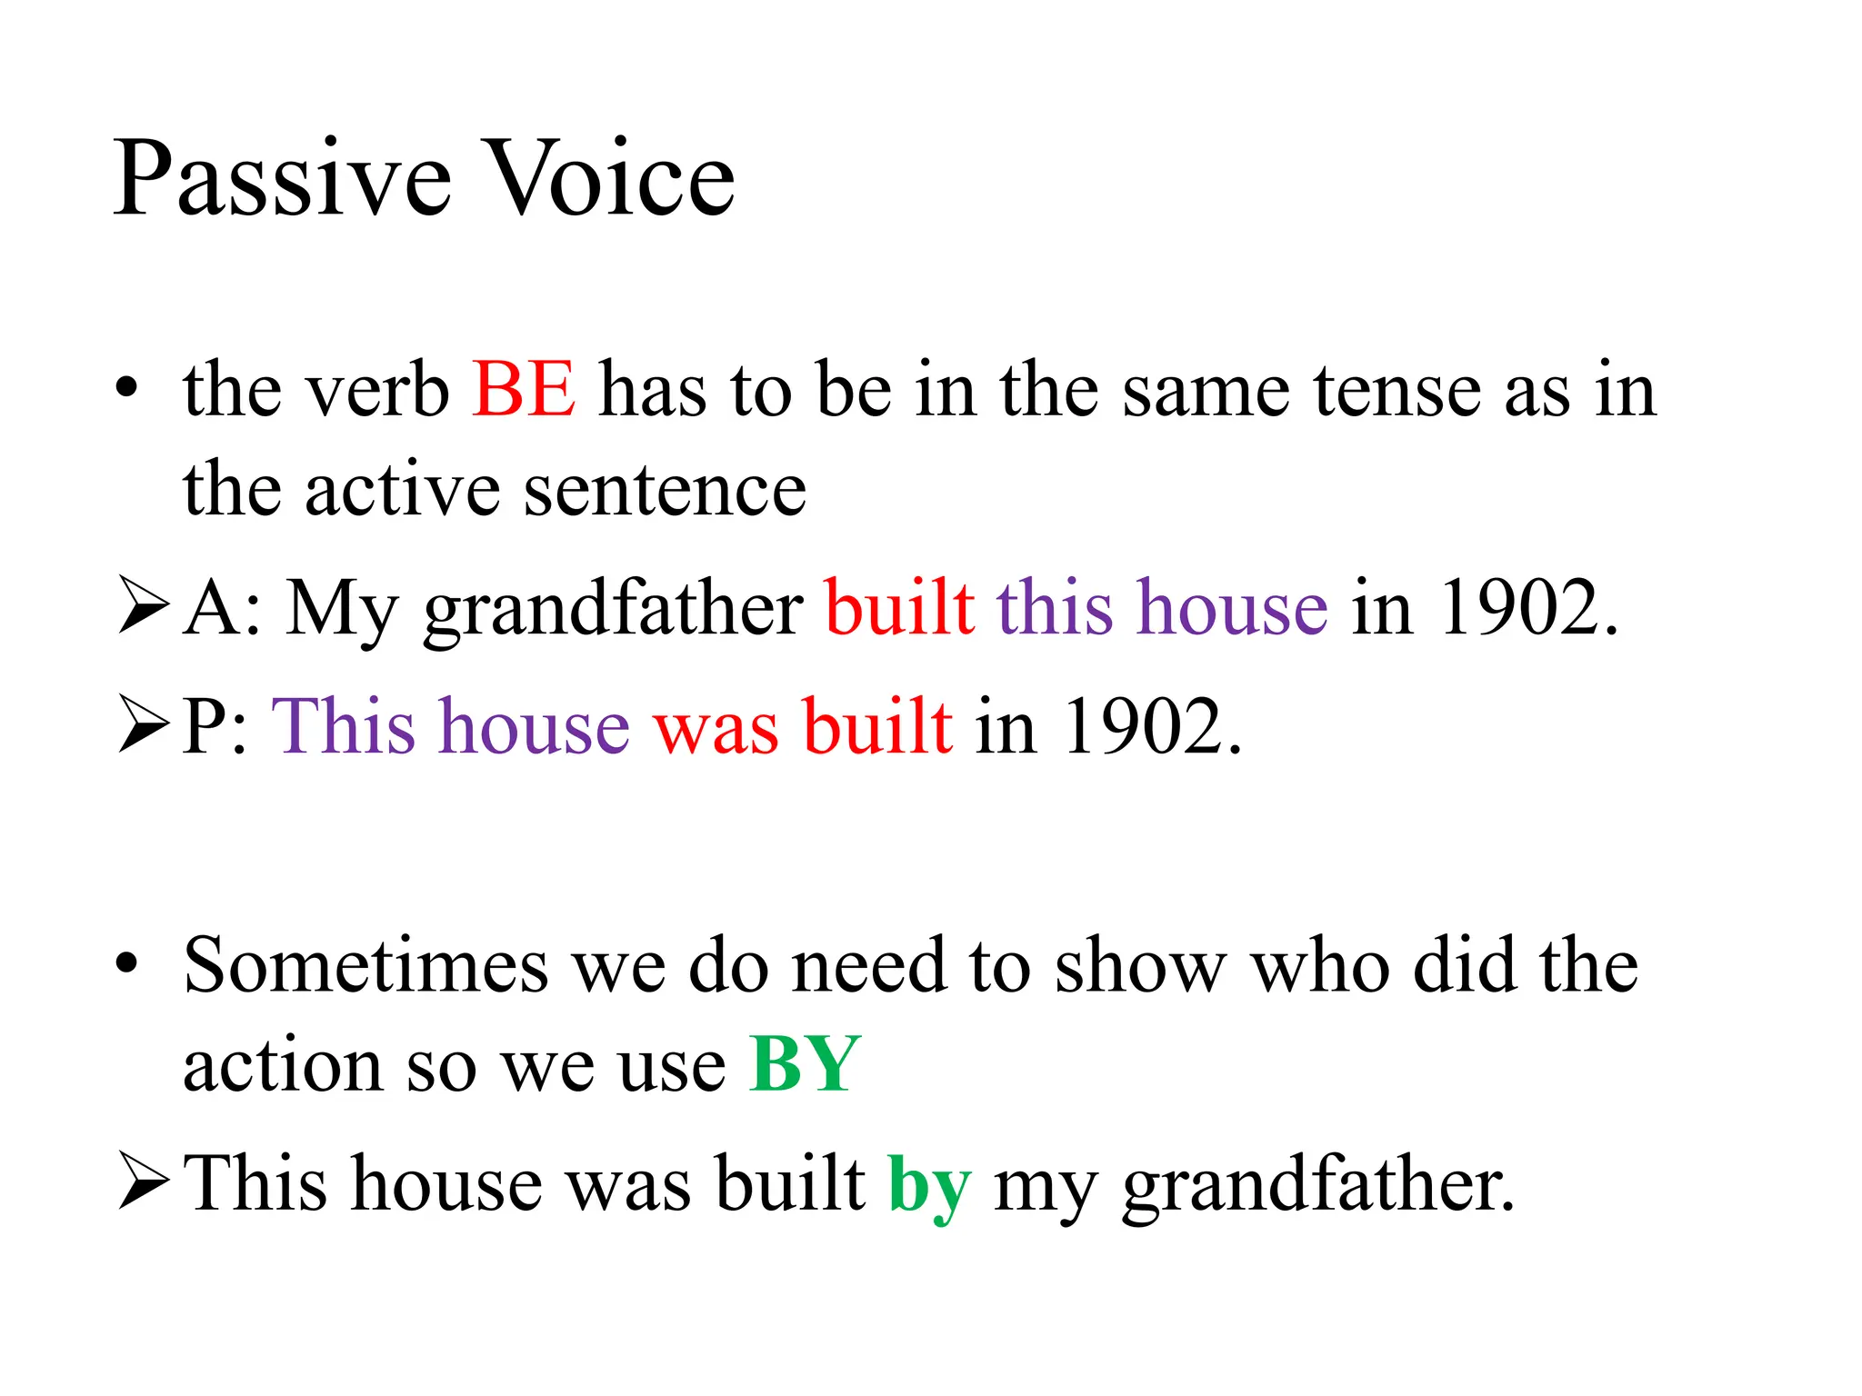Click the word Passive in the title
click(x=282, y=180)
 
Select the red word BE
click(x=524, y=389)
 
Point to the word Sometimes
click(x=365, y=965)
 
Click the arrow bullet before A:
click(x=144, y=607)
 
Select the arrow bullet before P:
click(x=144, y=726)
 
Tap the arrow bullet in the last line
click(x=144, y=1183)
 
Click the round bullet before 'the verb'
click(x=126, y=389)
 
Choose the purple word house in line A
click(x=1232, y=607)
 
